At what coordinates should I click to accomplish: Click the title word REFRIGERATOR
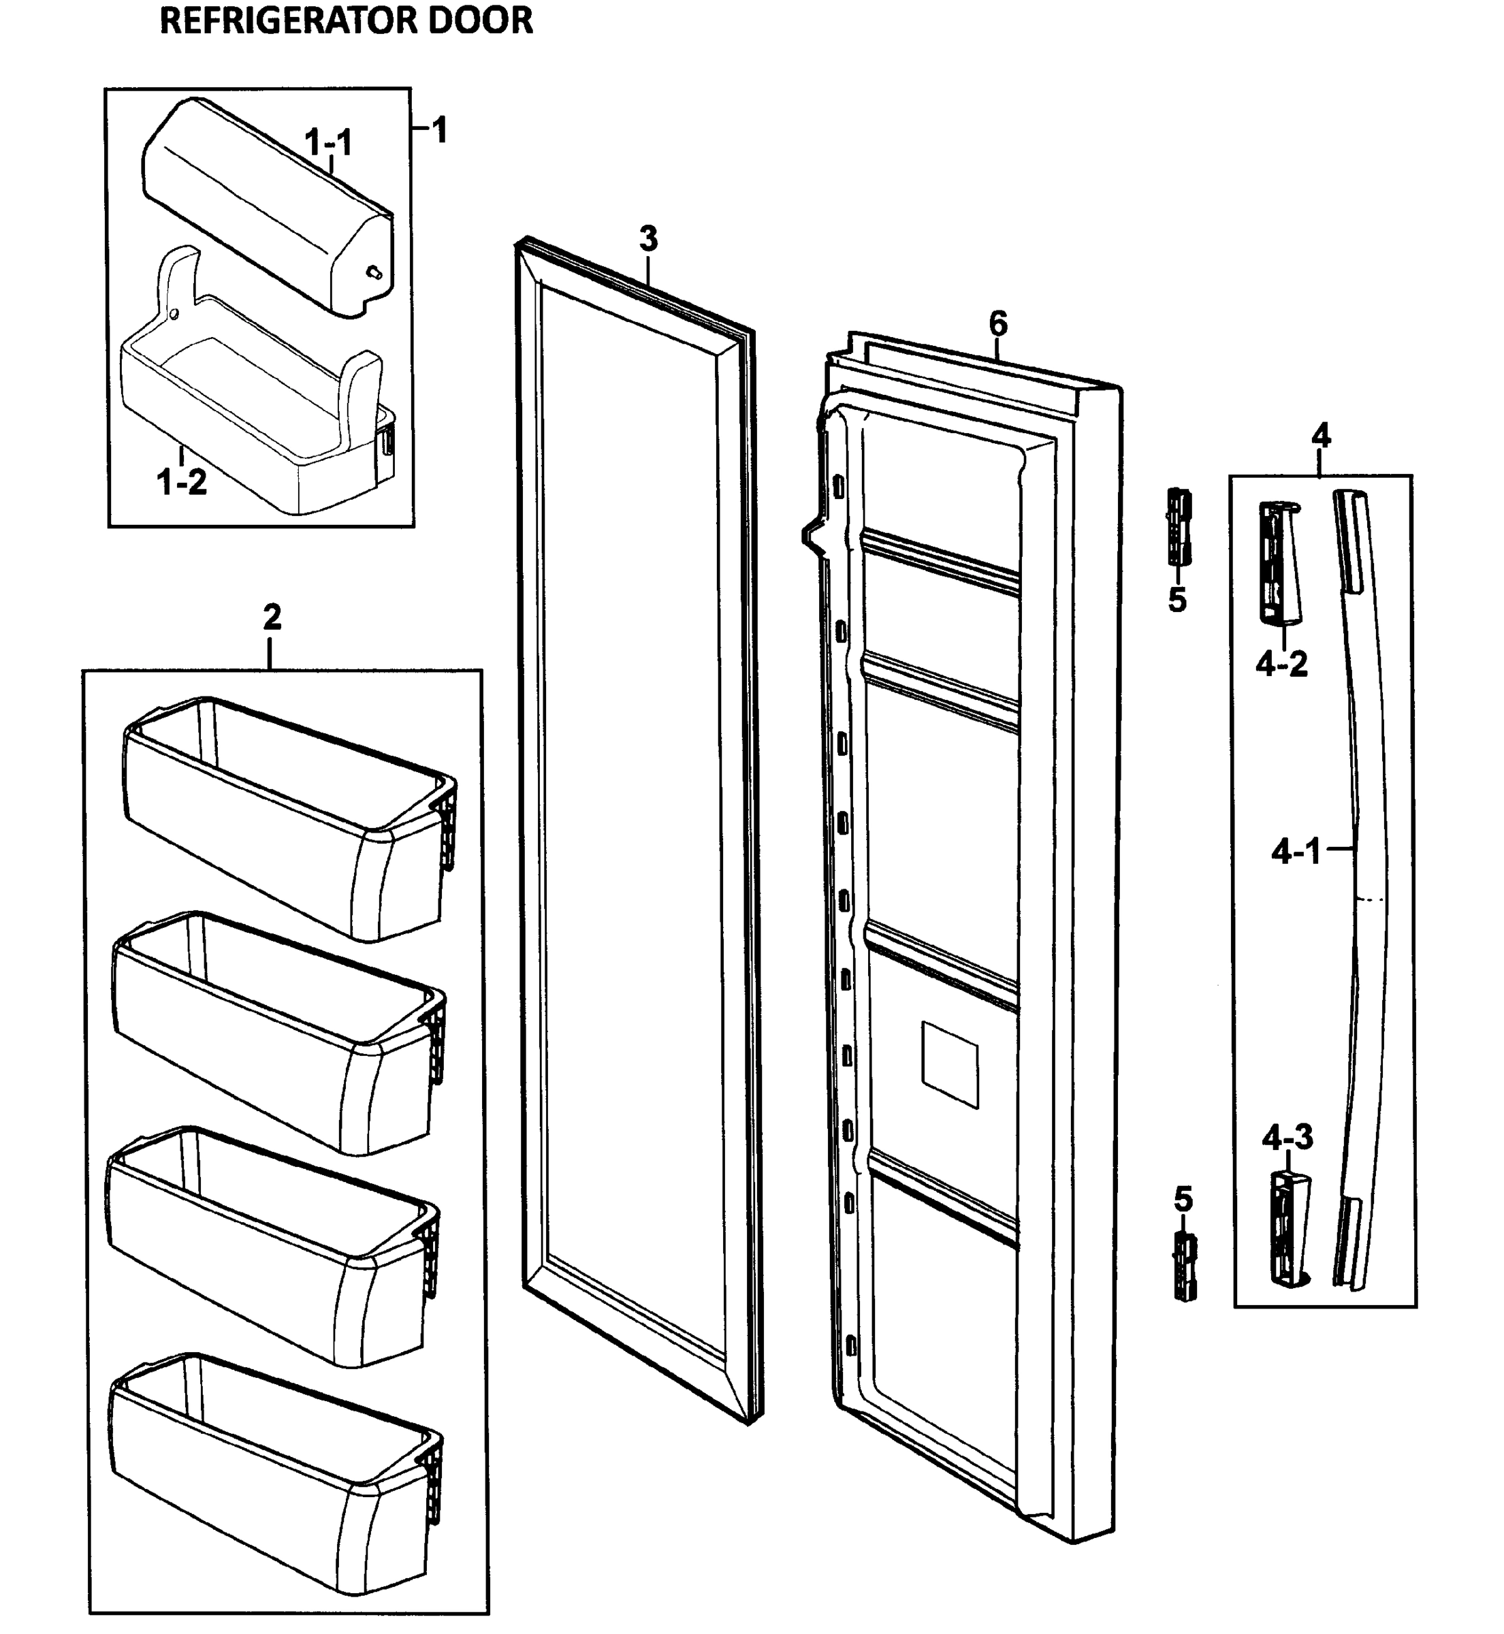click(x=288, y=20)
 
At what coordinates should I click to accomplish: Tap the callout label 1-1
click(x=328, y=142)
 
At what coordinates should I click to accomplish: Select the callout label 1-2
click(x=182, y=483)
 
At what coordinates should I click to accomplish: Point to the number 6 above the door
click(x=997, y=324)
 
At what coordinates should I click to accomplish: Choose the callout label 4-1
click(x=1296, y=853)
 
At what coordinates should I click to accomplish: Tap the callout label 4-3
click(x=1287, y=1138)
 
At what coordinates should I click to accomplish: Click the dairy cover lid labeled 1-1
click(x=261, y=204)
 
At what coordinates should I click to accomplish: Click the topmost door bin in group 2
click(x=285, y=814)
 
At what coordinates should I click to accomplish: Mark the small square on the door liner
click(x=949, y=1064)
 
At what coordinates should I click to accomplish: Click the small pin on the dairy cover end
click(x=374, y=272)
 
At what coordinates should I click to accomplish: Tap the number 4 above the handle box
click(x=1321, y=436)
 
